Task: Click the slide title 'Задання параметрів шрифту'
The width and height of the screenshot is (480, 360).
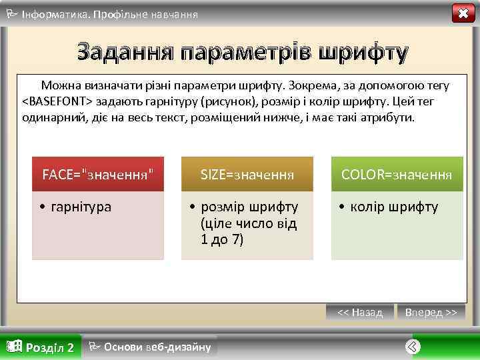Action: click(x=241, y=51)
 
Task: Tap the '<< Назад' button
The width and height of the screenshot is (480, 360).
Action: click(x=360, y=312)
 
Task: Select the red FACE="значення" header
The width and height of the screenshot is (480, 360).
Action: click(x=98, y=175)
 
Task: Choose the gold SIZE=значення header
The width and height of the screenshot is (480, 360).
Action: click(x=247, y=175)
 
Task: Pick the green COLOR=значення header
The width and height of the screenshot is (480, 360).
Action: click(x=397, y=175)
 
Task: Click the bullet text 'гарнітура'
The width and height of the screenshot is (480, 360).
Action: click(x=79, y=207)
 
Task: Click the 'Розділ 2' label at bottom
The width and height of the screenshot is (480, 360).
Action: click(x=49, y=347)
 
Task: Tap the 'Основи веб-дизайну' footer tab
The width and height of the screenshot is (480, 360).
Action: click(x=157, y=347)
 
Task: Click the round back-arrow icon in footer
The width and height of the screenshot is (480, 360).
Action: click(x=413, y=347)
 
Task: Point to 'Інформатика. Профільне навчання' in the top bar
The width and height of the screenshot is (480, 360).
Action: click(x=109, y=13)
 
